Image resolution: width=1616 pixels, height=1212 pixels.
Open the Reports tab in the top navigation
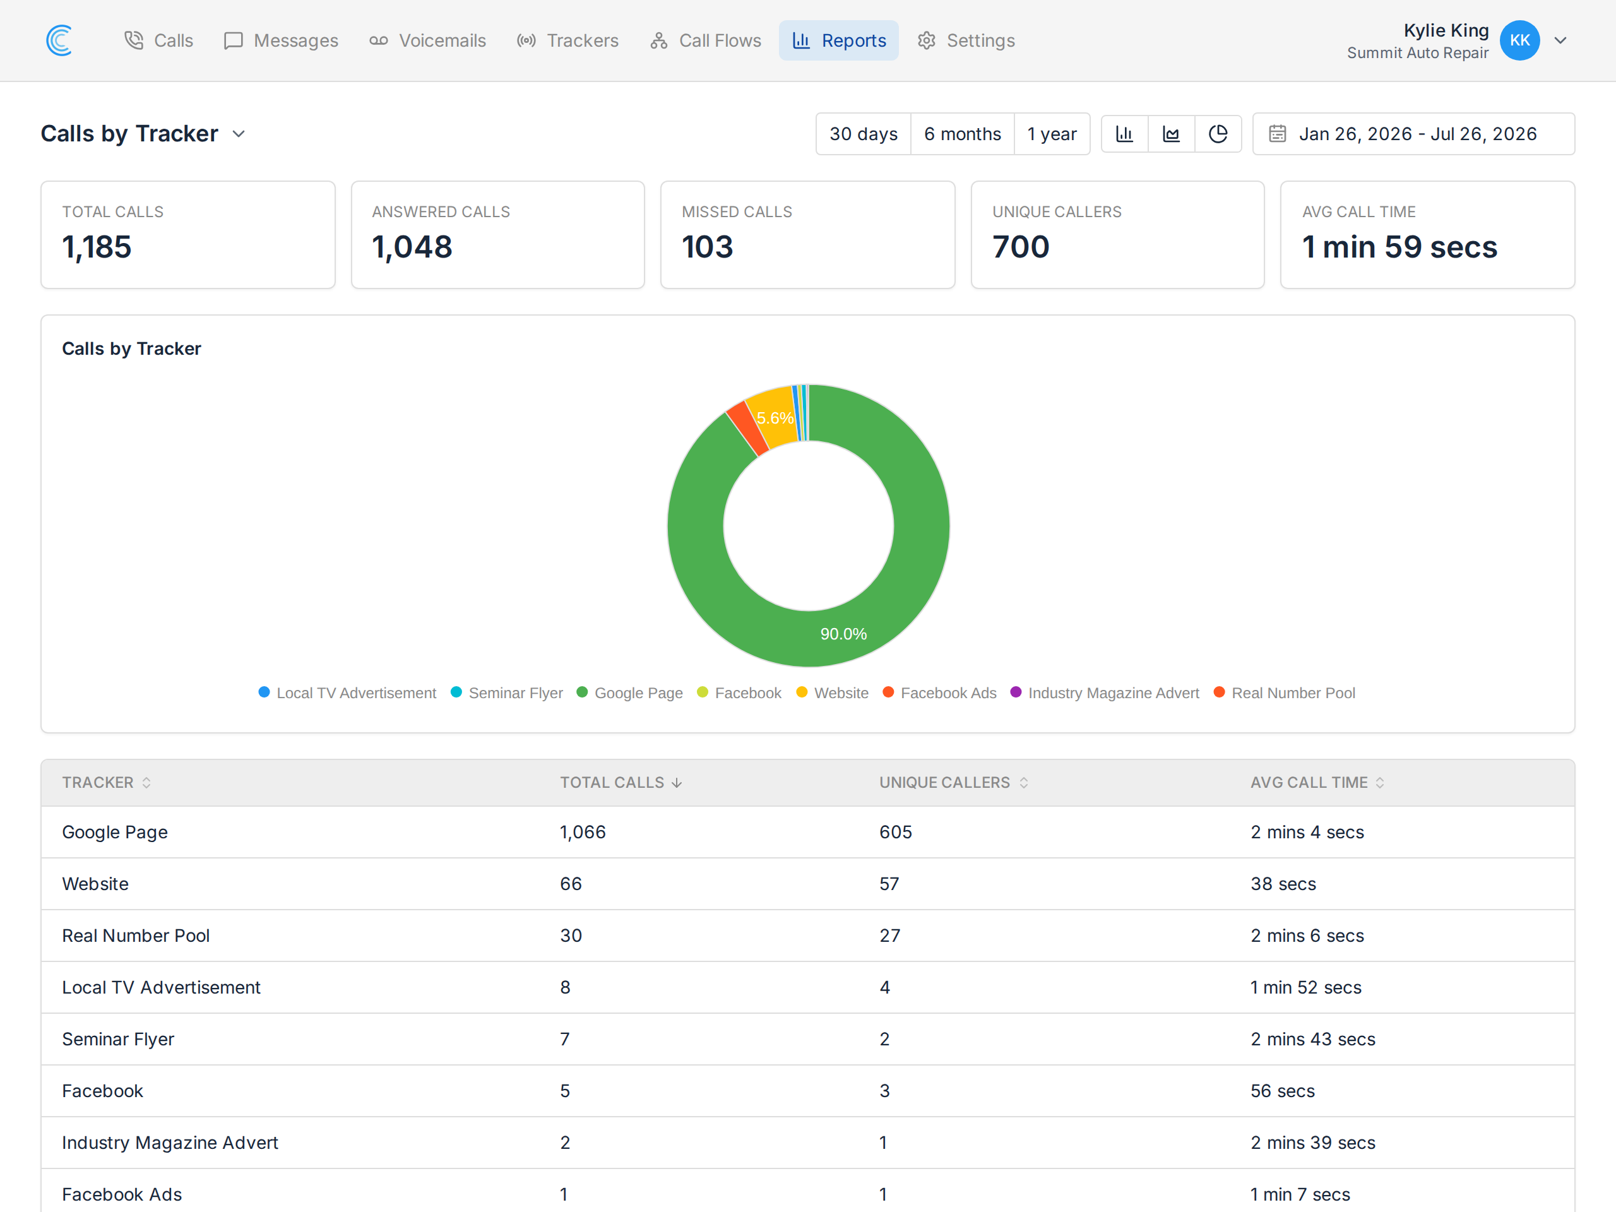(x=839, y=40)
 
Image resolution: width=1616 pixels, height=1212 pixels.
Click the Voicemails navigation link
(x=427, y=40)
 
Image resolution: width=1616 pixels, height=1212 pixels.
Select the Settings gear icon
(x=926, y=40)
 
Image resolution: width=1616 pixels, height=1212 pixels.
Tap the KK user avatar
(x=1519, y=40)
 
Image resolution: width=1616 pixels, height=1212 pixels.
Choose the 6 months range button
(x=962, y=134)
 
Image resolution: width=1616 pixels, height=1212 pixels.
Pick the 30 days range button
(x=864, y=134)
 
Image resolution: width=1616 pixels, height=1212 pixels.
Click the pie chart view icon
(x=1218, y=134)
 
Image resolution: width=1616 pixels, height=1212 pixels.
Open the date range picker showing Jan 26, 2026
(x=1413, y=134)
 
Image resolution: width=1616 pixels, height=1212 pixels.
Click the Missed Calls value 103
(x=707, y=247)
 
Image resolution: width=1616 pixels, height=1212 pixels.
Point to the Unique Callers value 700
(x=1021, y=247)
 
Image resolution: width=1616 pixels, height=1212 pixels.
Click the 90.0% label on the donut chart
(x=843, y=634)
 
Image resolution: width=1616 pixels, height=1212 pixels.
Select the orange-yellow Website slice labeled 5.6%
(x=772, y=417)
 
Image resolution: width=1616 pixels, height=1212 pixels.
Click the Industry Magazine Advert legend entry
(x=1105, y=692)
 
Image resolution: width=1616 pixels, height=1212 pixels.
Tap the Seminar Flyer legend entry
(x=507, y=692)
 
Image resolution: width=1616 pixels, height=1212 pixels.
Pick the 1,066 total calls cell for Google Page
(x=583, y=832)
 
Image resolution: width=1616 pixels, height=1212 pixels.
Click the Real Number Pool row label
(x=136, y=936)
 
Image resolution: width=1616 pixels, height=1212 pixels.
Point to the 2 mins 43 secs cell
(x=1313, y=1040)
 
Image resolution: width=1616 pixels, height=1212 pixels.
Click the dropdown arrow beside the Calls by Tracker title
(x=238, y=134)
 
